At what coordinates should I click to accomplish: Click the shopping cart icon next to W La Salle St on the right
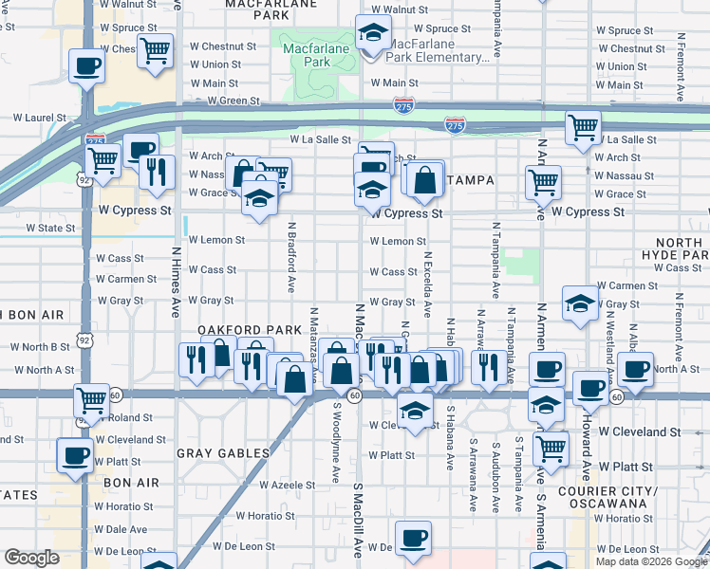pos(583,127)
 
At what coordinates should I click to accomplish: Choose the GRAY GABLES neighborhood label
pos(224,453)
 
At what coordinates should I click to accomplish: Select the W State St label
pos(50,229)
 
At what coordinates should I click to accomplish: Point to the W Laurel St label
pos(40,119)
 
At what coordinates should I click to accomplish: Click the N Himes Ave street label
pos(176,283)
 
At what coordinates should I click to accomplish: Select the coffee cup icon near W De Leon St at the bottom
pos(412,539)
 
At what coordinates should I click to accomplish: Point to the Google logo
pos(31,558)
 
